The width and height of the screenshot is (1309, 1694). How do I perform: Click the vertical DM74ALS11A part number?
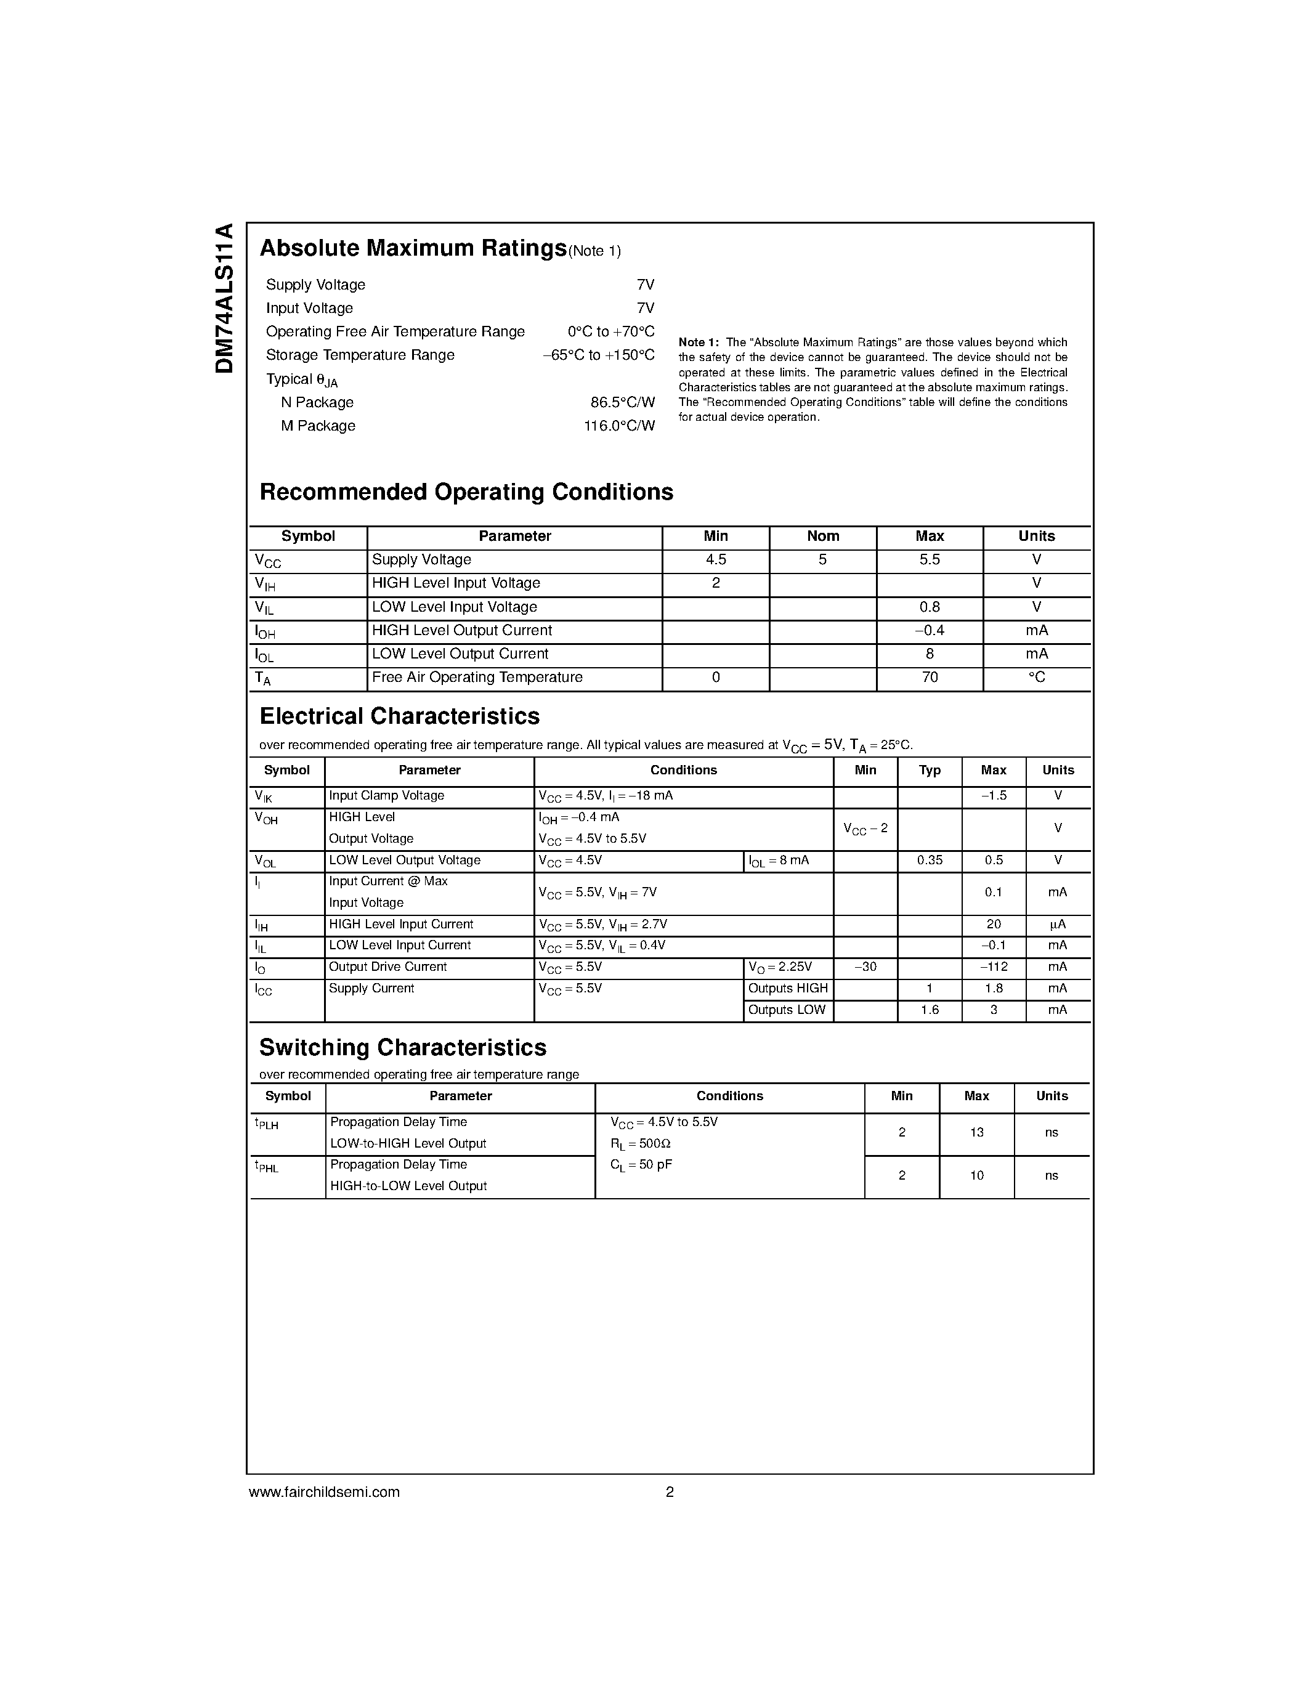coord(224,299)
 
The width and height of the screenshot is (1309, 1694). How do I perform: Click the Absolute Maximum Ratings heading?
coord(413,248)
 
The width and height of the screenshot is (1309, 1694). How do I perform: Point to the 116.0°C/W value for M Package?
coord(619,426)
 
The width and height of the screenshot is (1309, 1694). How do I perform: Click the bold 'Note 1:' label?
coord(699,342)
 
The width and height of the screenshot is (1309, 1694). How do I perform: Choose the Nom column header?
coord(823,536)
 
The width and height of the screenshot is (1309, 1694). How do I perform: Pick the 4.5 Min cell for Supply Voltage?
coord(716,560)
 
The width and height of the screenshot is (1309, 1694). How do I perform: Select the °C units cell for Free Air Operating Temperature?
coord(1037,677)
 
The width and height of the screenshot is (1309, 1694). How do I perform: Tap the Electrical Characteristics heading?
coord(399,716)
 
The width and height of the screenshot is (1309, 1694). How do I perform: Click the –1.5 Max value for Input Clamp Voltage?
coord(994,796)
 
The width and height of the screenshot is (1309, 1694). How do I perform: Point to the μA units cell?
coord(1058,925)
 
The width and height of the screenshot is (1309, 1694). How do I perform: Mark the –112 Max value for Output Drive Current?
coord(994,967)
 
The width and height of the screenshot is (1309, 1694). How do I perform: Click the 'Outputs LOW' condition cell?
coord(787,1010)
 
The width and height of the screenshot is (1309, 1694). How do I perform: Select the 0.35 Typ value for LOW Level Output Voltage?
coord(929,860)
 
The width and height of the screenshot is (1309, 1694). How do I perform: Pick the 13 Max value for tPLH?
coord(976,1132)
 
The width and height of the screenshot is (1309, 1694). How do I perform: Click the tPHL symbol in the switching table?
coord(266,1166)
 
